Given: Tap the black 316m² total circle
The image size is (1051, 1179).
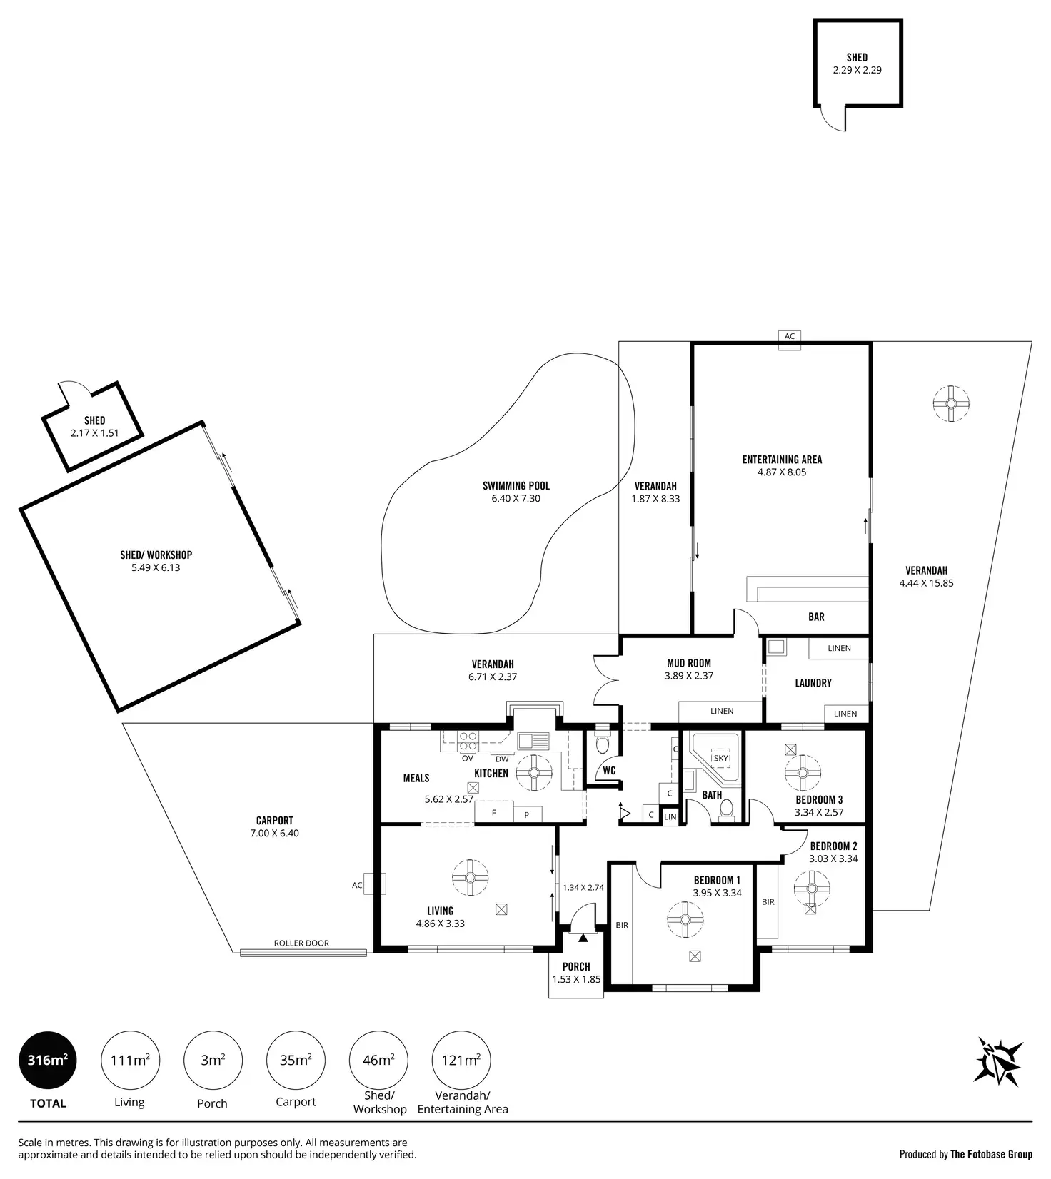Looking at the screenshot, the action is point(48,1060).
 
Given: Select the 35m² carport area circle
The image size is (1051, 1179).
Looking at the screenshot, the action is point(296,1060).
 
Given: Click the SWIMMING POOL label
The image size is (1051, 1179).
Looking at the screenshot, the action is point(516,486).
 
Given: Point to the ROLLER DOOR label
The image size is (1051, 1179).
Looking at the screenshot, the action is point(301,943).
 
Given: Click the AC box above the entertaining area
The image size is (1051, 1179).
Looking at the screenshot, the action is point(789,336).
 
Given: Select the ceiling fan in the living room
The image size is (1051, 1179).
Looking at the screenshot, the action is point(471,878).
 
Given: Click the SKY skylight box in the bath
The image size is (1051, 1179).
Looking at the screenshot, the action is point(721,758).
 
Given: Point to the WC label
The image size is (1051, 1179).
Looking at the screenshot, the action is point(609,771).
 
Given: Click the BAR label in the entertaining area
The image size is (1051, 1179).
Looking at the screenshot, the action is point(816,617).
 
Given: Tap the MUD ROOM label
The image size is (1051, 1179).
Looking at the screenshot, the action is point(689,663).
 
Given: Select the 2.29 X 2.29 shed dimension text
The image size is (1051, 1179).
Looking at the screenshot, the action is point(857,70).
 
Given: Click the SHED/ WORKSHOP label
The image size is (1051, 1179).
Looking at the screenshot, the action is point(156,555).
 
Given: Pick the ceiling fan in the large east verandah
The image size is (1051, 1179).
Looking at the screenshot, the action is point(951,404).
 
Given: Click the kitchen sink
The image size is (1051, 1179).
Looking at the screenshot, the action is point(533,740).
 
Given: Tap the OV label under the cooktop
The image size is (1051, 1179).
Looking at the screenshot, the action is point(467,759).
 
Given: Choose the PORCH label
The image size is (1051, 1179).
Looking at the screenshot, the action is point(576,966).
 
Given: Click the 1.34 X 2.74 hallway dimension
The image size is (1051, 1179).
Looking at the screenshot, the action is point(583,887).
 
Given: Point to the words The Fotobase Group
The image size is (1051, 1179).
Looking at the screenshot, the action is point(991,1154).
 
